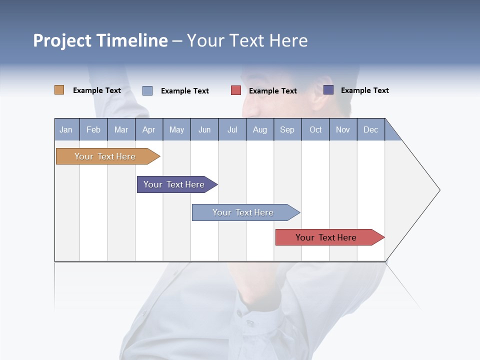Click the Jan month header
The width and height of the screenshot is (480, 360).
(x=66, y=129)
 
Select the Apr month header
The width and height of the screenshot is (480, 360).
(x=148, y=129)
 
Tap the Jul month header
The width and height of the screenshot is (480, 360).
(x=232, y=129)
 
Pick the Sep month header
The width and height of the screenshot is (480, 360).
(x=287, y=129)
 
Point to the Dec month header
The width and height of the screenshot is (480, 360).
(x=370, y=129)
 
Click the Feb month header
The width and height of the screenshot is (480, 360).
(x=93, y=129)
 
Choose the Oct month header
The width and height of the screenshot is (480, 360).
(x=315, y=129)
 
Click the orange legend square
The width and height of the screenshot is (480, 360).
(x=59, y=90)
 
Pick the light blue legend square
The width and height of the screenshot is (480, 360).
(x=147, y=90)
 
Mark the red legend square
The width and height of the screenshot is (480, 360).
(x=236, y=90)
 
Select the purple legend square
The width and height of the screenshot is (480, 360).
(x=328, y=90)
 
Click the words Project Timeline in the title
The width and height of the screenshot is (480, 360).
(x=100, y=40)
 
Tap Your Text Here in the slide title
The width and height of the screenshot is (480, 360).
(x=247, y=40)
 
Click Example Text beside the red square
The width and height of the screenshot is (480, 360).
(x=272, y=91)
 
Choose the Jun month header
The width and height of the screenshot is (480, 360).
(x=204, y=129)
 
